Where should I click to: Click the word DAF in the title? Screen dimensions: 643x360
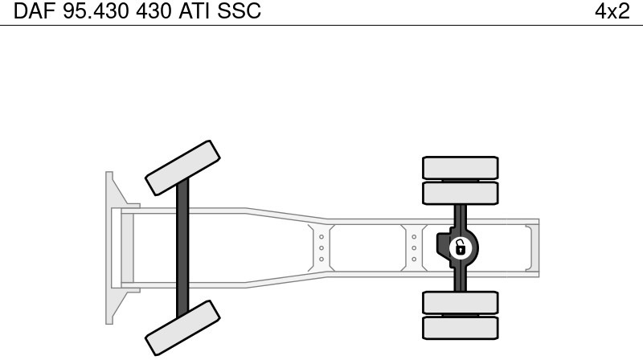[x=34, y=11]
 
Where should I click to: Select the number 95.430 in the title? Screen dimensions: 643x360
[x=96, y=11]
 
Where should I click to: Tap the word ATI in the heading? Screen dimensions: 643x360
[x=194, y=11]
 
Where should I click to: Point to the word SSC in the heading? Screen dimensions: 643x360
[x=239, y=11]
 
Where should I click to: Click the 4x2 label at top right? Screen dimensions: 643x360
[x=612, y=11]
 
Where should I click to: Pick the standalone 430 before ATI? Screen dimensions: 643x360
[x=154, y=11]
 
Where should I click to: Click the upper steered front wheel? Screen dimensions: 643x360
[x=182, y=168]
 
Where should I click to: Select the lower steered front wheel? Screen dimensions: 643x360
[x=182, y=328]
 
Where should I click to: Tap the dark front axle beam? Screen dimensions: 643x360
[x=183, y=248]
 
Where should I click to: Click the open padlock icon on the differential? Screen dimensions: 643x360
[x=461, y=248]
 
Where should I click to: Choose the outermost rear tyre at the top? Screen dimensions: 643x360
[x=460, y=168]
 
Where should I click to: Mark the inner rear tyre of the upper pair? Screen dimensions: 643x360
[x=460, y=193]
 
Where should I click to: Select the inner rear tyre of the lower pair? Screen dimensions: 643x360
[x=460, y=303]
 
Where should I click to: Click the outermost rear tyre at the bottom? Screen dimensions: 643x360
[x=460, y=328]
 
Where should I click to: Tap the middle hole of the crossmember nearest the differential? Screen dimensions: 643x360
[x=414, y=248]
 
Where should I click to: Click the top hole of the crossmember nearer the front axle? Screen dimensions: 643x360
[x=321, y=237]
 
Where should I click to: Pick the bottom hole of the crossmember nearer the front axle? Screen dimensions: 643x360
[x=321, y=259]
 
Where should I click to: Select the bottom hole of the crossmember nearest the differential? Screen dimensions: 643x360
[x=414, y=259]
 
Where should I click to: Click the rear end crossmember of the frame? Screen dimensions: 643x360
[x=532, y=248]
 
